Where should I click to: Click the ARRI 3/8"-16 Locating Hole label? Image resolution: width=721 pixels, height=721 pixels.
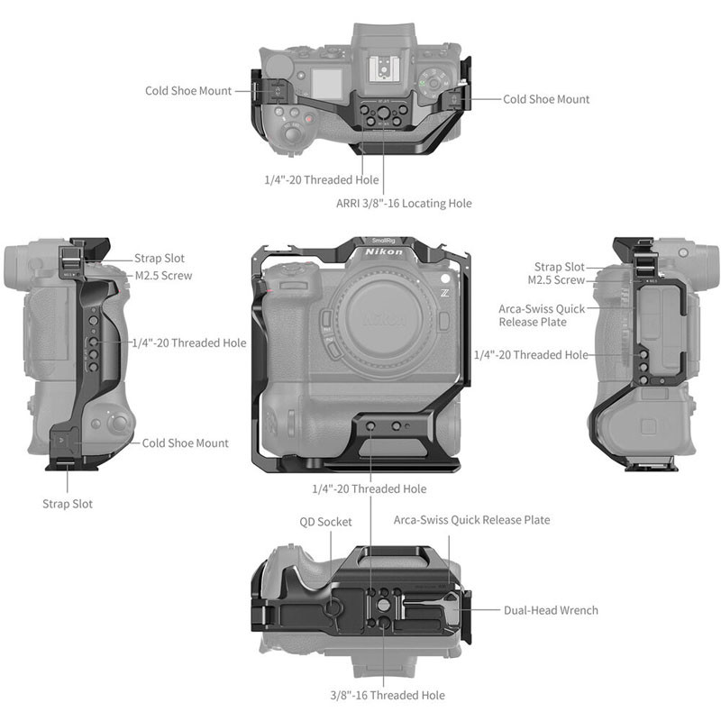(404, 204)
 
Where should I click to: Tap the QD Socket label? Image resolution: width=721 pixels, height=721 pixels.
(325, 522)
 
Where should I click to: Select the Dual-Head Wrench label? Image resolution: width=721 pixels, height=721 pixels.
(551, 610)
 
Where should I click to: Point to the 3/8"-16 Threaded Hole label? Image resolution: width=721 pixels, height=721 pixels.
(388, 695)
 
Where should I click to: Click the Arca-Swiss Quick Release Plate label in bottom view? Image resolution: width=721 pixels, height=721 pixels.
(471, 520)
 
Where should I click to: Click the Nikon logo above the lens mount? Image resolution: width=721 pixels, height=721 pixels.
(384, 252)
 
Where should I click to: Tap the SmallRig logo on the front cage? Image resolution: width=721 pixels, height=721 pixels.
(384, 241)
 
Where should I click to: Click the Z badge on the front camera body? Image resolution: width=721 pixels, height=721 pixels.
(444, 293)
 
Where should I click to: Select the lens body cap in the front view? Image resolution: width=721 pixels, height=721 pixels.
(384, 318)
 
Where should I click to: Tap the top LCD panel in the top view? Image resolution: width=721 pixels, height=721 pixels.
(327, 84)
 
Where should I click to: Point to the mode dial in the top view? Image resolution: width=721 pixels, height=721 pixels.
(433, 83)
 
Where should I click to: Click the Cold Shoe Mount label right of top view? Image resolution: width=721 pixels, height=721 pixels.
(546, 99)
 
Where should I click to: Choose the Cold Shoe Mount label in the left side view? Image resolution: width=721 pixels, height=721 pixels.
(185, 443)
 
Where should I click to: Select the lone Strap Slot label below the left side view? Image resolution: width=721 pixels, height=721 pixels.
(68, 504)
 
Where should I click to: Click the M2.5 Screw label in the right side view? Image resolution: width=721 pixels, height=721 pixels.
(556, 280)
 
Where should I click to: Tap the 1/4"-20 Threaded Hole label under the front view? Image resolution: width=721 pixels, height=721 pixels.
(370, 488)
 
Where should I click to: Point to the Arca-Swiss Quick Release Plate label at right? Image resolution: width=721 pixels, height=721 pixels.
(542, 315)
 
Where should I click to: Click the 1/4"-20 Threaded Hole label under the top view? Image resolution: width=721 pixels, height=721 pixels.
(322, 179)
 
